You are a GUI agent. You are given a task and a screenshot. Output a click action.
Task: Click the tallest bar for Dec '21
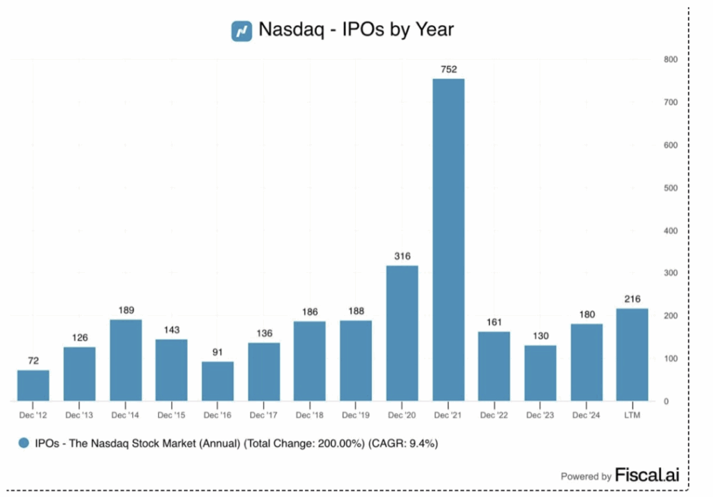[448, 239]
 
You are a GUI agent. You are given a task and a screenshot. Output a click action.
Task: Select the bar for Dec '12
[33, 386]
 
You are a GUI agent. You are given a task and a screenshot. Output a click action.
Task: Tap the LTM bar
[632, 355]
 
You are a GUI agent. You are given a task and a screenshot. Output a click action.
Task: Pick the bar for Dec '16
[217, 381]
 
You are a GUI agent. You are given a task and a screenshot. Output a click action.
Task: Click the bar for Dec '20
[402, 333]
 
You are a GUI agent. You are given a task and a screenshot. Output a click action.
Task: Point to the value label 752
[448, 69]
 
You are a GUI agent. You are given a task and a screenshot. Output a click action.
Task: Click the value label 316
[402, 255]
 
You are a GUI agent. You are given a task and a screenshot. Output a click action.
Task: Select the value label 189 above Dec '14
[125, 310]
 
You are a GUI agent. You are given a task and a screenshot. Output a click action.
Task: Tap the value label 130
[540, 336]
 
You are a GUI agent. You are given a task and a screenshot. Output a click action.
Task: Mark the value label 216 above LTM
[632, 299]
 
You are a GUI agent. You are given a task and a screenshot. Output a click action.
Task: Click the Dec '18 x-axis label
[309, 416]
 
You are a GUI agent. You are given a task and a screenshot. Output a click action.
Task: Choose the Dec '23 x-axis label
[540, 416]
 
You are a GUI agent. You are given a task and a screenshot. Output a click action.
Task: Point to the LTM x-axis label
[632, 416]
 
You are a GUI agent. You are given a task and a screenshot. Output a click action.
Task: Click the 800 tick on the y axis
[671, 59]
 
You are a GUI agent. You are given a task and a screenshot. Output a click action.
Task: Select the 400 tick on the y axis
[671, 230]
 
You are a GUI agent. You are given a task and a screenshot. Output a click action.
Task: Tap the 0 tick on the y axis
[666, 402]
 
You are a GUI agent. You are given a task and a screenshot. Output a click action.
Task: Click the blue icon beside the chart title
[242, 31]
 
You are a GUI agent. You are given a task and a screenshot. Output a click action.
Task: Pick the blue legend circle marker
[24, 443]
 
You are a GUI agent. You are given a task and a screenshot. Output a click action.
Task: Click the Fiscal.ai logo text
[647, 475]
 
